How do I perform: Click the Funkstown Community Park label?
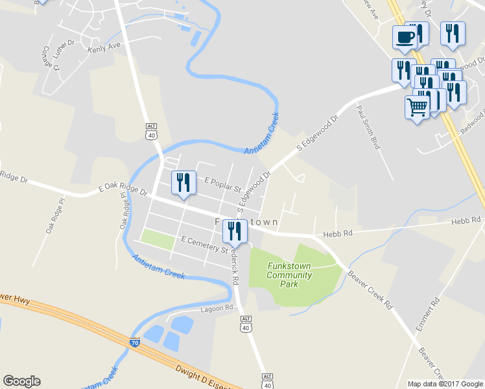coord(289,275)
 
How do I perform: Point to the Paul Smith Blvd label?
coord(367,128)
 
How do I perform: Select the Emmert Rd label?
coord(428,315)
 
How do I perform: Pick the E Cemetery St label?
coord(204,244)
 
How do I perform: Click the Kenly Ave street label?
coord(104,48)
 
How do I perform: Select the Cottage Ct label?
coord(51,58)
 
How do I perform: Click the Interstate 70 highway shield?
coord(135,342)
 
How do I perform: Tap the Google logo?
coord(21,381)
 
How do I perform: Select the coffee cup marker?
coord(405,36)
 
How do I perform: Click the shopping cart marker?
coord(417,107)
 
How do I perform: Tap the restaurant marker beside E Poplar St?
coord(183,182)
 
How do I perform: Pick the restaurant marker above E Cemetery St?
coord(234,231)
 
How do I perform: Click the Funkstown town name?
coord(247,222)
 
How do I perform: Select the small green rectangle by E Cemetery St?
coord(158,239)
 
